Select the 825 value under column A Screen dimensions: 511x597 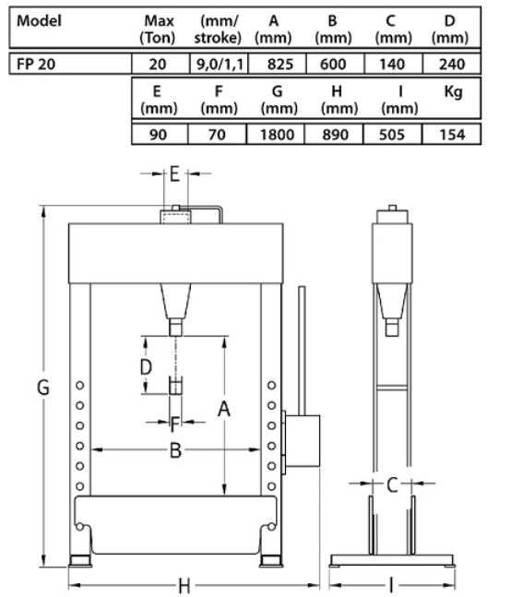(280, 64)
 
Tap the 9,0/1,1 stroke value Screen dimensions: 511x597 (220, 64)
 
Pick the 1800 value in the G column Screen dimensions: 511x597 (277, 135)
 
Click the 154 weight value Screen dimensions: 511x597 (452, 135)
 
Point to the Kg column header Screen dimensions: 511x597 (453, 92)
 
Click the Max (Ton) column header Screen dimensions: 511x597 (158, 30)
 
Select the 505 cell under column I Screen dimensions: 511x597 (392, 135)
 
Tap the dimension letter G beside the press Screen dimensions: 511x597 (43, 388)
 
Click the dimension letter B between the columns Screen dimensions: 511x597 (175, 450)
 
